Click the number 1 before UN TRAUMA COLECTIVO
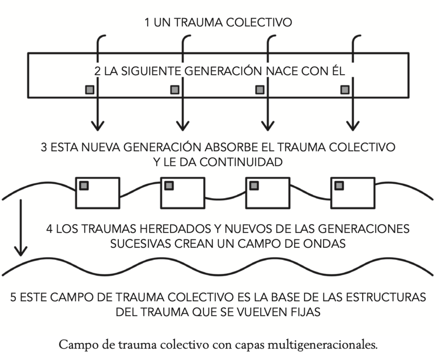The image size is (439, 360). [147, 22]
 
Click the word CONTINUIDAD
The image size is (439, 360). [241, 162]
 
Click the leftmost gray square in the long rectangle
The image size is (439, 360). [90, 90]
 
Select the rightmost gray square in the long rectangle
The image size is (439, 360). [345, 90]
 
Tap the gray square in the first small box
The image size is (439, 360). [84, 186]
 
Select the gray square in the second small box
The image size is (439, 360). [169, 186]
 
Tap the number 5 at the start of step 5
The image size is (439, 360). [13, 297]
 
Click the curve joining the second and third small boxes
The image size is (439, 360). [226, 199]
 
